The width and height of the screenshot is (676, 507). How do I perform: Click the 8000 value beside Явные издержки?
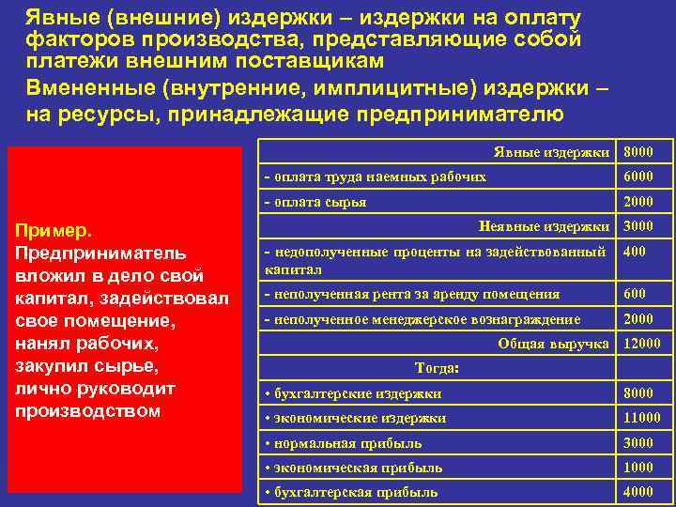pos(638,152)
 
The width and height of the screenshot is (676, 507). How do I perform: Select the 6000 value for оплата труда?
pos(638,177)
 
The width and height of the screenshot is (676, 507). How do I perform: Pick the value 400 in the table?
pos(635,252)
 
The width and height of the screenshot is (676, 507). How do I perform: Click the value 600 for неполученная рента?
pos(635,295)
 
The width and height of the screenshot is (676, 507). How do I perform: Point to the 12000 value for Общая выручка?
pos(641,345)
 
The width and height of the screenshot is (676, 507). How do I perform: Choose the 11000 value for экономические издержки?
pos(641,418)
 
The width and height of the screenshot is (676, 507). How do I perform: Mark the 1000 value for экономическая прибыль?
pos(638,468)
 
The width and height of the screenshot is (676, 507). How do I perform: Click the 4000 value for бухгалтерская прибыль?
pos(638,492)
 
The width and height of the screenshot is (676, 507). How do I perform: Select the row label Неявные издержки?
pos(544,226)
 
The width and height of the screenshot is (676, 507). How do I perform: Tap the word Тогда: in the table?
pos(437,368)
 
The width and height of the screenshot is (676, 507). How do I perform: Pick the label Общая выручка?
pos(553,345)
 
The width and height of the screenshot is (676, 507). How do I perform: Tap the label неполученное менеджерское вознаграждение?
pos(422,319)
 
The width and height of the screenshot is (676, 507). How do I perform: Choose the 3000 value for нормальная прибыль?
pos(638,443)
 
